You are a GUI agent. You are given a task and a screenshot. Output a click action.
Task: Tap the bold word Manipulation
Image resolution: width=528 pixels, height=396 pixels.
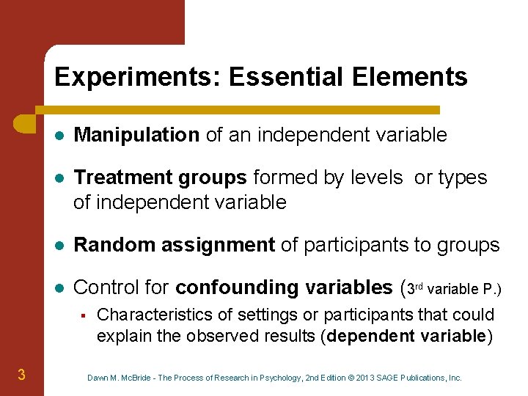click(137, 135)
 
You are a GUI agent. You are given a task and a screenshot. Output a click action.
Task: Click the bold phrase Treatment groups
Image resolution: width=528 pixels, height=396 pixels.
click(161, 177)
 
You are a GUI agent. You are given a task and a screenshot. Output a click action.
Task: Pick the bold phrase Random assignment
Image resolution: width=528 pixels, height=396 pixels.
click(175, 246)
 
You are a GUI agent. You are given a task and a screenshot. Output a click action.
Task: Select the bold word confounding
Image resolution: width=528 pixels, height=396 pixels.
click(232, 287)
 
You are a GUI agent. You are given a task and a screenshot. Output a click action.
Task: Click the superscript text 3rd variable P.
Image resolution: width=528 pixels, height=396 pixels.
click(455, 288)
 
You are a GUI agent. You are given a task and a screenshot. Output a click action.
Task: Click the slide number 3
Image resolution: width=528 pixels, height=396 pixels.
click(21, 375)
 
